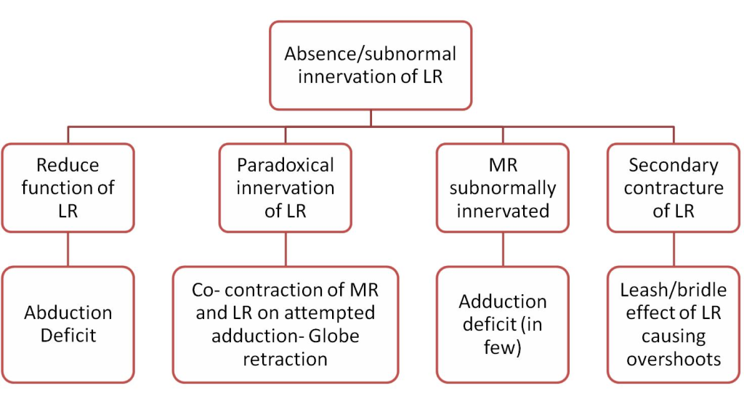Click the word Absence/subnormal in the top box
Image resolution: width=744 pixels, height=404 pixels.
370,54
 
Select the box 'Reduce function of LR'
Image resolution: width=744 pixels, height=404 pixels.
68,188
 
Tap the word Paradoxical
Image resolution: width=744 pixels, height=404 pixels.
285,165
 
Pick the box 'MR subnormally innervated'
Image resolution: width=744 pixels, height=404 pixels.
503,188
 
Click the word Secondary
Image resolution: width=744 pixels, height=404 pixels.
674,165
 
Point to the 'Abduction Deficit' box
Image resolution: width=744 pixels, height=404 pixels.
68,325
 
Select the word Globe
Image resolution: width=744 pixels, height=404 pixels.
334,336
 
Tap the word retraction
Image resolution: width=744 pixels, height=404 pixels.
285,360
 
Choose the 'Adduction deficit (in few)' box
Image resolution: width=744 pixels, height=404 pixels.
503,325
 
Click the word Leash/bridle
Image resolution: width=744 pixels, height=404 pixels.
674,290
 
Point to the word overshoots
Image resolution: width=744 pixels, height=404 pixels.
674,360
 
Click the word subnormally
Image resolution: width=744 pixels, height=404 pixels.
503,188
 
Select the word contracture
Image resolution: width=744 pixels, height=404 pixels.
674,188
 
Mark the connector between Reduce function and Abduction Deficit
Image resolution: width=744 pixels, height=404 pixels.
68,249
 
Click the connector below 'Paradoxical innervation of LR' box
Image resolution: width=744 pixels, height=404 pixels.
285,249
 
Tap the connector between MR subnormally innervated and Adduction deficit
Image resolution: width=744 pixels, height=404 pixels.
503,249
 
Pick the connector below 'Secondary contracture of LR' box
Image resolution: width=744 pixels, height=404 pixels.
674,249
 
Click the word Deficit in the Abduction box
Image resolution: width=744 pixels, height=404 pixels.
68,335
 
